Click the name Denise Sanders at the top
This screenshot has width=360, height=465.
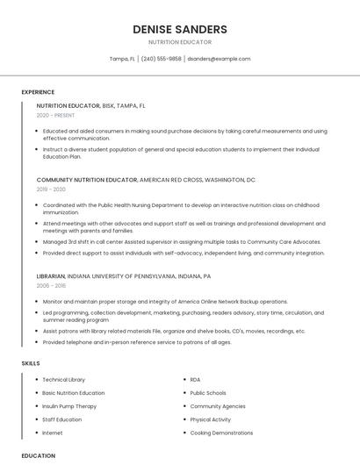180,29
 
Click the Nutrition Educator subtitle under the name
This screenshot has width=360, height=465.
180,42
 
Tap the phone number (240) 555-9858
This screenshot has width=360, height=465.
161,59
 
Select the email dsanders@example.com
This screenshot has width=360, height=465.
219,59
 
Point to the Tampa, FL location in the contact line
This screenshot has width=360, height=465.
122,59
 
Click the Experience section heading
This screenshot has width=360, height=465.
38,92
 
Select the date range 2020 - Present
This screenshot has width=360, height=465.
55,115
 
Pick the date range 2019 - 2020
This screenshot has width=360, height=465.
51,190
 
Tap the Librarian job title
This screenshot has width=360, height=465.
51,275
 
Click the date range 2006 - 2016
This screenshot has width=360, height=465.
51,285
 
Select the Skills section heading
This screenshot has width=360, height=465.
31,362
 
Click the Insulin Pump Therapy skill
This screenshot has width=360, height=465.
69,406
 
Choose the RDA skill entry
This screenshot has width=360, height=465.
195,380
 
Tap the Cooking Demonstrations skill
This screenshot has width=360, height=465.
221,433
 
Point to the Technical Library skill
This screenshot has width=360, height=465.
64,380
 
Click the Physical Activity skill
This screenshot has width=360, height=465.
211,419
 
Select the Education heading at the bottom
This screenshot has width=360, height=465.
38,456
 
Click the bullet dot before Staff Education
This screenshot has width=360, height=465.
35,419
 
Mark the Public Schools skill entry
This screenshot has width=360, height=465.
208,393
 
